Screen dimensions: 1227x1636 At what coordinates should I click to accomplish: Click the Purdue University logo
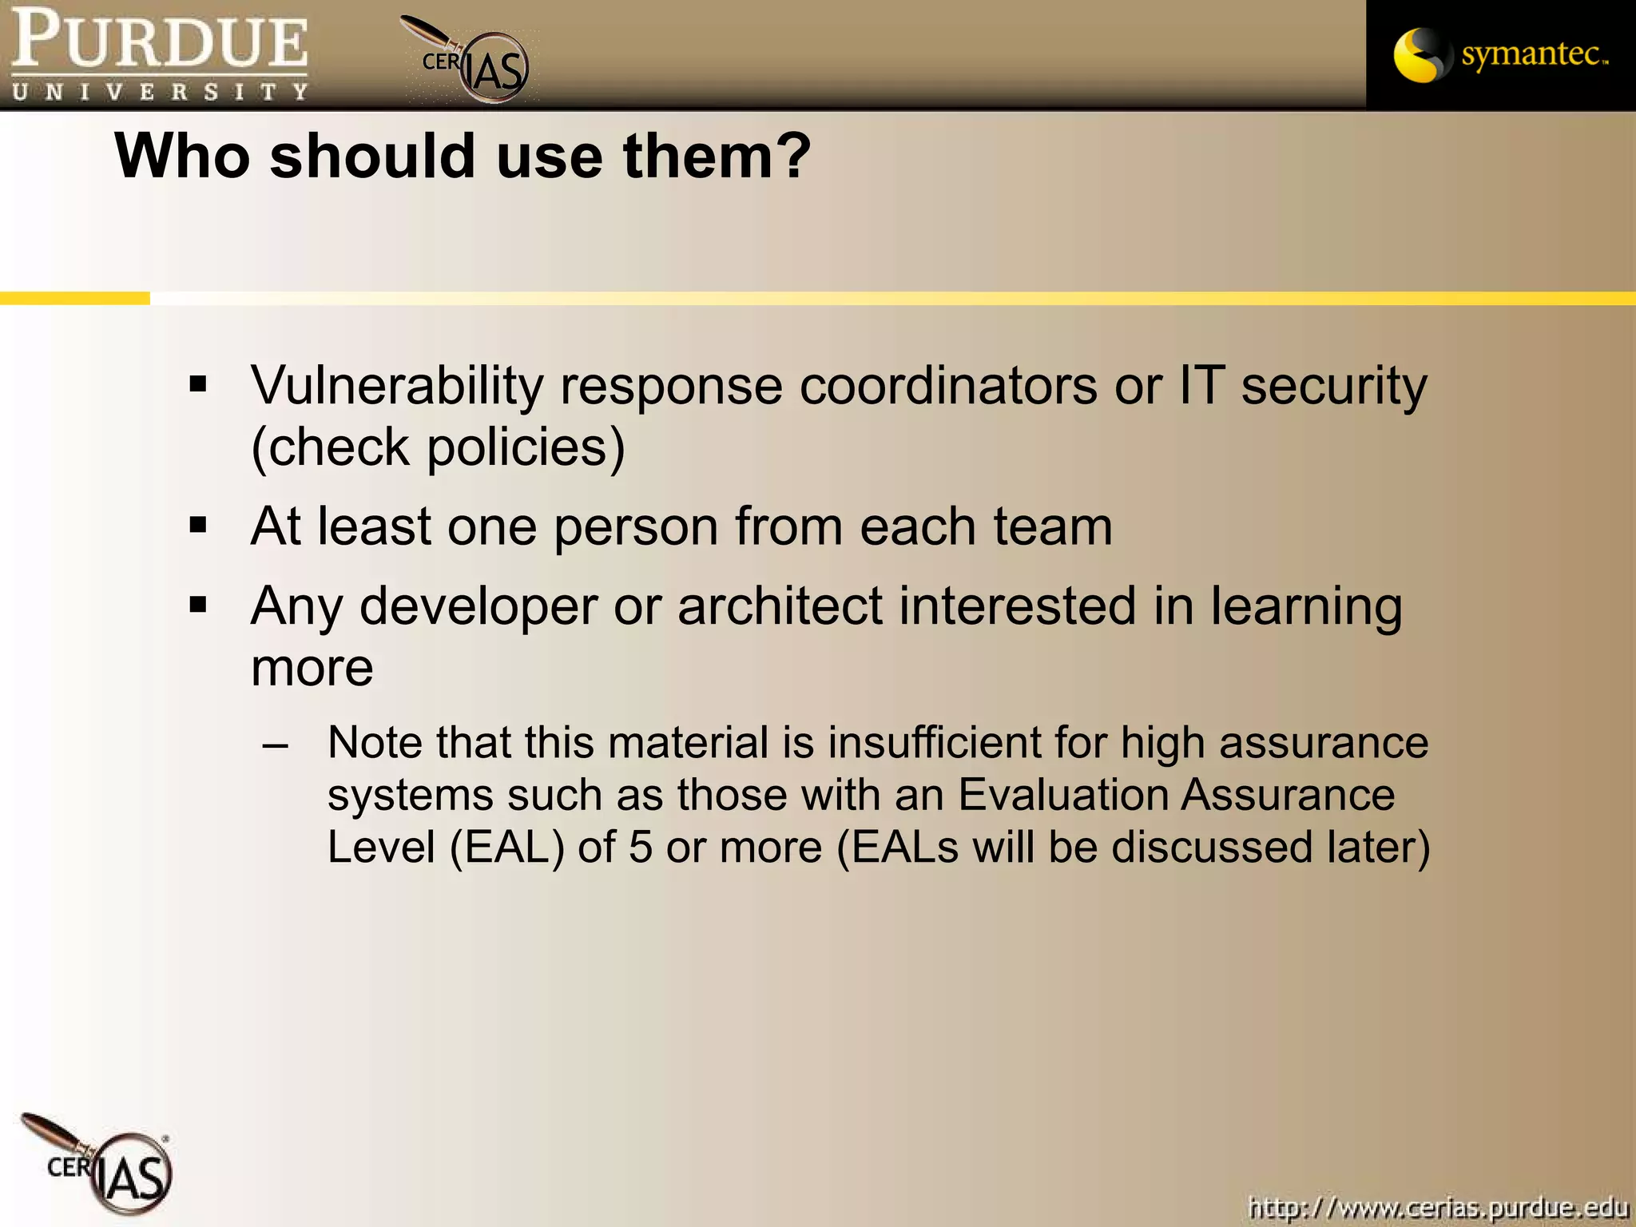click(159, 54)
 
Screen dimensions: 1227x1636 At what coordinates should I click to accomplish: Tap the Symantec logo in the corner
click(1500, 54)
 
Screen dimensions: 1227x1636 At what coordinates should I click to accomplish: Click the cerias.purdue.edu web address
click(1437, 1206)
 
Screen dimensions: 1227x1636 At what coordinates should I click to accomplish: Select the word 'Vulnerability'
click(397, 387)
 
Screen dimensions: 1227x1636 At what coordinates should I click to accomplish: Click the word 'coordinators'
click(948, 387)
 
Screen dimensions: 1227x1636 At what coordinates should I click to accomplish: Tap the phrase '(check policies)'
click(438, 447)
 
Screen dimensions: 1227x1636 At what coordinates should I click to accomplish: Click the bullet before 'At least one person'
click(198, 526)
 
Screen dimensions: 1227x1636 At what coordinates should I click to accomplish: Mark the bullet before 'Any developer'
click(198, 605)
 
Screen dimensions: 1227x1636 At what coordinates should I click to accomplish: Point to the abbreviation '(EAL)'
click(506, 848)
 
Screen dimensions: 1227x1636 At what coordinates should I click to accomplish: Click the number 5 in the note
click(641, 848)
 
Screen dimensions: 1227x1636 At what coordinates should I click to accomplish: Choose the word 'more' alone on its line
click(312, 668)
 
